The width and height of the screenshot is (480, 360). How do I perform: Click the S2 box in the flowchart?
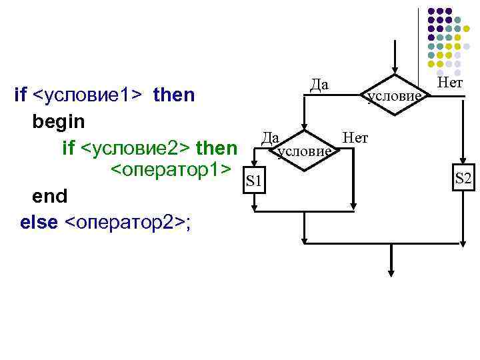(x=463, y=179)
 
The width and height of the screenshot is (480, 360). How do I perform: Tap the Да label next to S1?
(x=270, y=137)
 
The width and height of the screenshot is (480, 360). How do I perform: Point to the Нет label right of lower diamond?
(x=355, y=137)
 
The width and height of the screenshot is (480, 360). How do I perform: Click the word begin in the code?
(x=58, y=121)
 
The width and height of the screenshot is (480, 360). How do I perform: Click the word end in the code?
(x=49, y=196)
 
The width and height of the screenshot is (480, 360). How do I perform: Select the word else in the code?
(x=39, y=221)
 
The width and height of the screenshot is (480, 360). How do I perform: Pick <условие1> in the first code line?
(x=87, y=95)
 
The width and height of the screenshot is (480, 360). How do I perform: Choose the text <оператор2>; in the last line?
(x=127, y=221)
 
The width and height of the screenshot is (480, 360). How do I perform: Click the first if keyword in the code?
(x=20, y=95)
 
